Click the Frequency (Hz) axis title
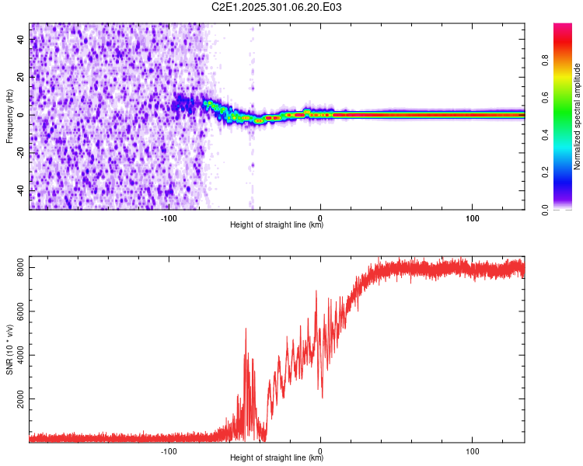tap(9, 116)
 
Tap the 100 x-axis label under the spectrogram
tap(472, 218)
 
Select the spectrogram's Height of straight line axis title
tap(277, 225)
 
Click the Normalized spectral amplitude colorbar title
tap(578, 116)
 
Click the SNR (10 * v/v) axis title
tap(9, 350)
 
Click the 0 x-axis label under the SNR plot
tap(320, 451)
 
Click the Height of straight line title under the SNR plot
tap(277, 458)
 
